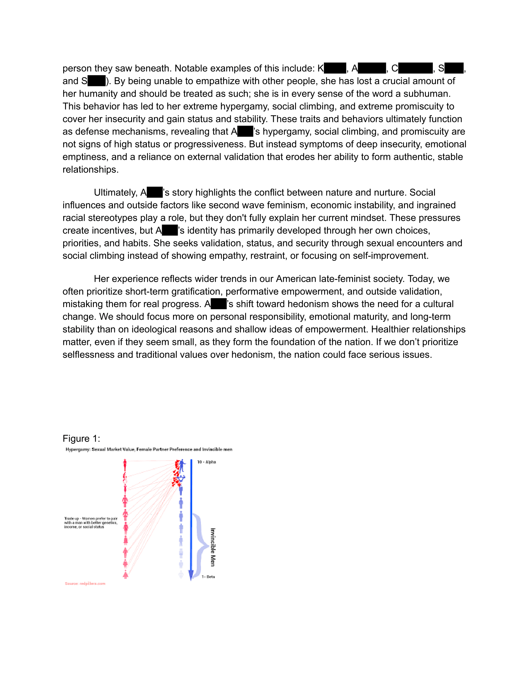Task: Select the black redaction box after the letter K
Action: pos(335,68)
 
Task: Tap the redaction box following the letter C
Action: pos(415,68)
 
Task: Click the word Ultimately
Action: pos(115,192)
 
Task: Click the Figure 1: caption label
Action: pos(81,438)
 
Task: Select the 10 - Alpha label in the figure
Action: pos(207,462)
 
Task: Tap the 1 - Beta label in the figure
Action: pos(208,576)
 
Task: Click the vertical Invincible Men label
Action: pos(213,547)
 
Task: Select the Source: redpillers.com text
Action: pos(85,584)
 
